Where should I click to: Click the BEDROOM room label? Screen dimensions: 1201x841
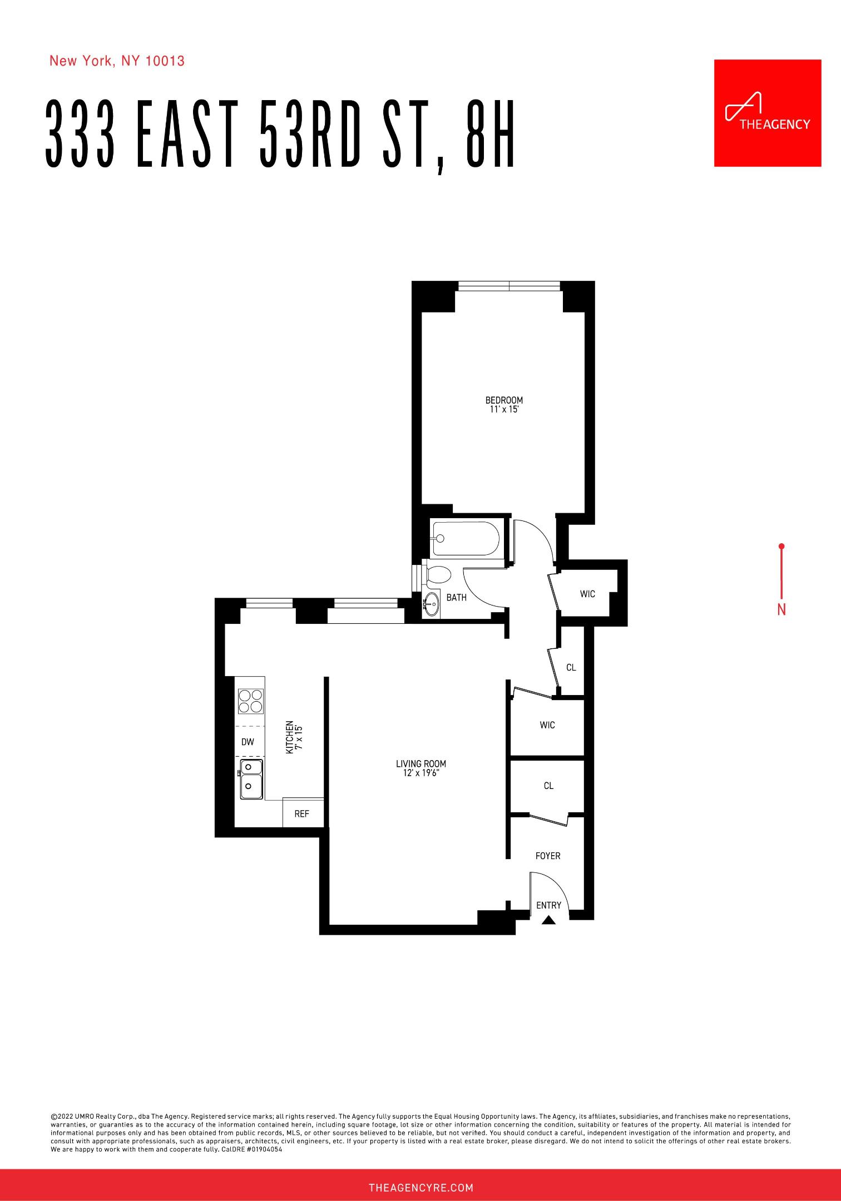(504, 400)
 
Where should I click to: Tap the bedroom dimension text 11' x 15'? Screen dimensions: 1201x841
(504, 410)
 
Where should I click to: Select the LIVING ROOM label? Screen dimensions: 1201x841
(421, 764)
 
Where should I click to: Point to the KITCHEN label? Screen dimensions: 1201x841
(290, 737)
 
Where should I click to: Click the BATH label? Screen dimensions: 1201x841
(457, 598)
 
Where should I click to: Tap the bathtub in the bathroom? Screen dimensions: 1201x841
(466, 538)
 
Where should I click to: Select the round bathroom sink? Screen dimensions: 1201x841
(431, 603)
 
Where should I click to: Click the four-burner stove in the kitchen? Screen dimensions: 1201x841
(250, 701)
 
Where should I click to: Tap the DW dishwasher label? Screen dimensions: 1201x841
(248, 742)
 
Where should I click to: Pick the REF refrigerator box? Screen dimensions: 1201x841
(302, 813)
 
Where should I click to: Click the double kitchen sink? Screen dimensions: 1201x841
(251, 779)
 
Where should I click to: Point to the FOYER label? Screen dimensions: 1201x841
(548, 856)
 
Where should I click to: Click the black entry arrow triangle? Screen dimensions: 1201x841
(549, 920)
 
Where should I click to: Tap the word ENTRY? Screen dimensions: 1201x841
(549, 905)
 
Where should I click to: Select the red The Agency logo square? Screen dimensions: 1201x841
(768, 113)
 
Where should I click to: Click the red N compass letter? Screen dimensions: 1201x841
(781, 610)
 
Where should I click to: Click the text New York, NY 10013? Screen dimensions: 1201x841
(117, 61)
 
